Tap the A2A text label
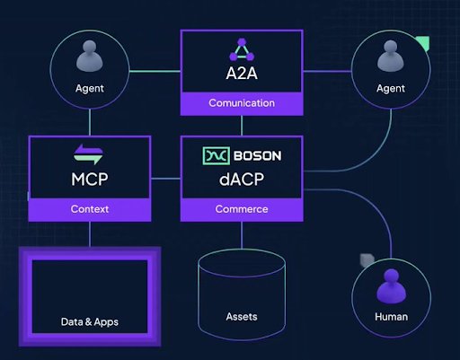click(x=240, y=72)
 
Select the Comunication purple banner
click(x=240, y=102)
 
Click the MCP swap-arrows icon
click(x=89, y=154)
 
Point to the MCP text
click(x=89, y=178)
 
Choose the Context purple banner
click(x=89, y=209)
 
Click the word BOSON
click(x=258, y=155)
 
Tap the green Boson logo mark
click(x=217, y=155)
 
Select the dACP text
click(x=240, y=178)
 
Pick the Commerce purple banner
click(x=240, y=209)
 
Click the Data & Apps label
click(x=89, y=321)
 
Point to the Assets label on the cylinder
click(x=240, y=317)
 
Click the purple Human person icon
click(x=390, y=287)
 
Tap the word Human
click(x=390, y=317)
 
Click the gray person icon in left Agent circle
click(x=89, y=59)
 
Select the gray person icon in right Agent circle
click(x=390, y=59)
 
